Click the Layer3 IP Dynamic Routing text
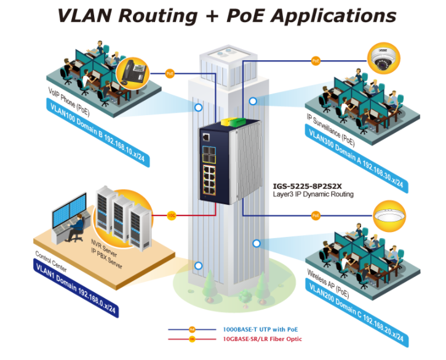click(313, 194)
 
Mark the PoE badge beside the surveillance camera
click(316, 61)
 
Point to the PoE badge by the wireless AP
click(316, 215)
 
